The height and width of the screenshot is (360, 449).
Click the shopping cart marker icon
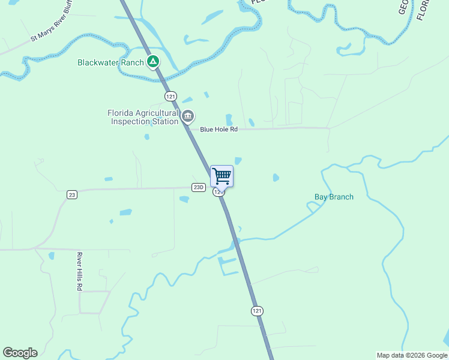(x=221, y=176)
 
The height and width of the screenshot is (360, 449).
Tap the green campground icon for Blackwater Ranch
(x=153, y=62)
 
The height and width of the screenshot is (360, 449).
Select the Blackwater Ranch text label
(x=111, y=62)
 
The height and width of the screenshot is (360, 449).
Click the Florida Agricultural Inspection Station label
(x=143, y=117)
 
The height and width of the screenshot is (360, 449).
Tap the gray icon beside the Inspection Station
(x=188, y=116)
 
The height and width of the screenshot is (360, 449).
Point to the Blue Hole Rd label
(x=218, y=129)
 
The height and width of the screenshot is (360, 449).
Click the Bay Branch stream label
(x=334, y=197)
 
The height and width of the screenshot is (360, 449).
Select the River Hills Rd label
(x=79, y=271)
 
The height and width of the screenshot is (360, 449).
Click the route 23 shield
(x=72, y=194)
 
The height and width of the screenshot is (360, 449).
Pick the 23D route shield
(x=199, y=187)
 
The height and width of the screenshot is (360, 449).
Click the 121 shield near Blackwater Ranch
(x=171, y=96)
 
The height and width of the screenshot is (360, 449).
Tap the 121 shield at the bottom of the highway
(x=257, y=310)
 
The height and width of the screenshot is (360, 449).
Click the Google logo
(x=20, y=353)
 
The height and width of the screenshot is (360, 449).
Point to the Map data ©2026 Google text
(x=412, y=355)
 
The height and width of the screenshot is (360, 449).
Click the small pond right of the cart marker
(x=238, y=161)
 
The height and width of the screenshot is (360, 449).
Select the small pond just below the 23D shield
(x=184, y=199)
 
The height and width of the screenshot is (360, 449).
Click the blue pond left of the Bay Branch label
(x=276, y=178)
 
